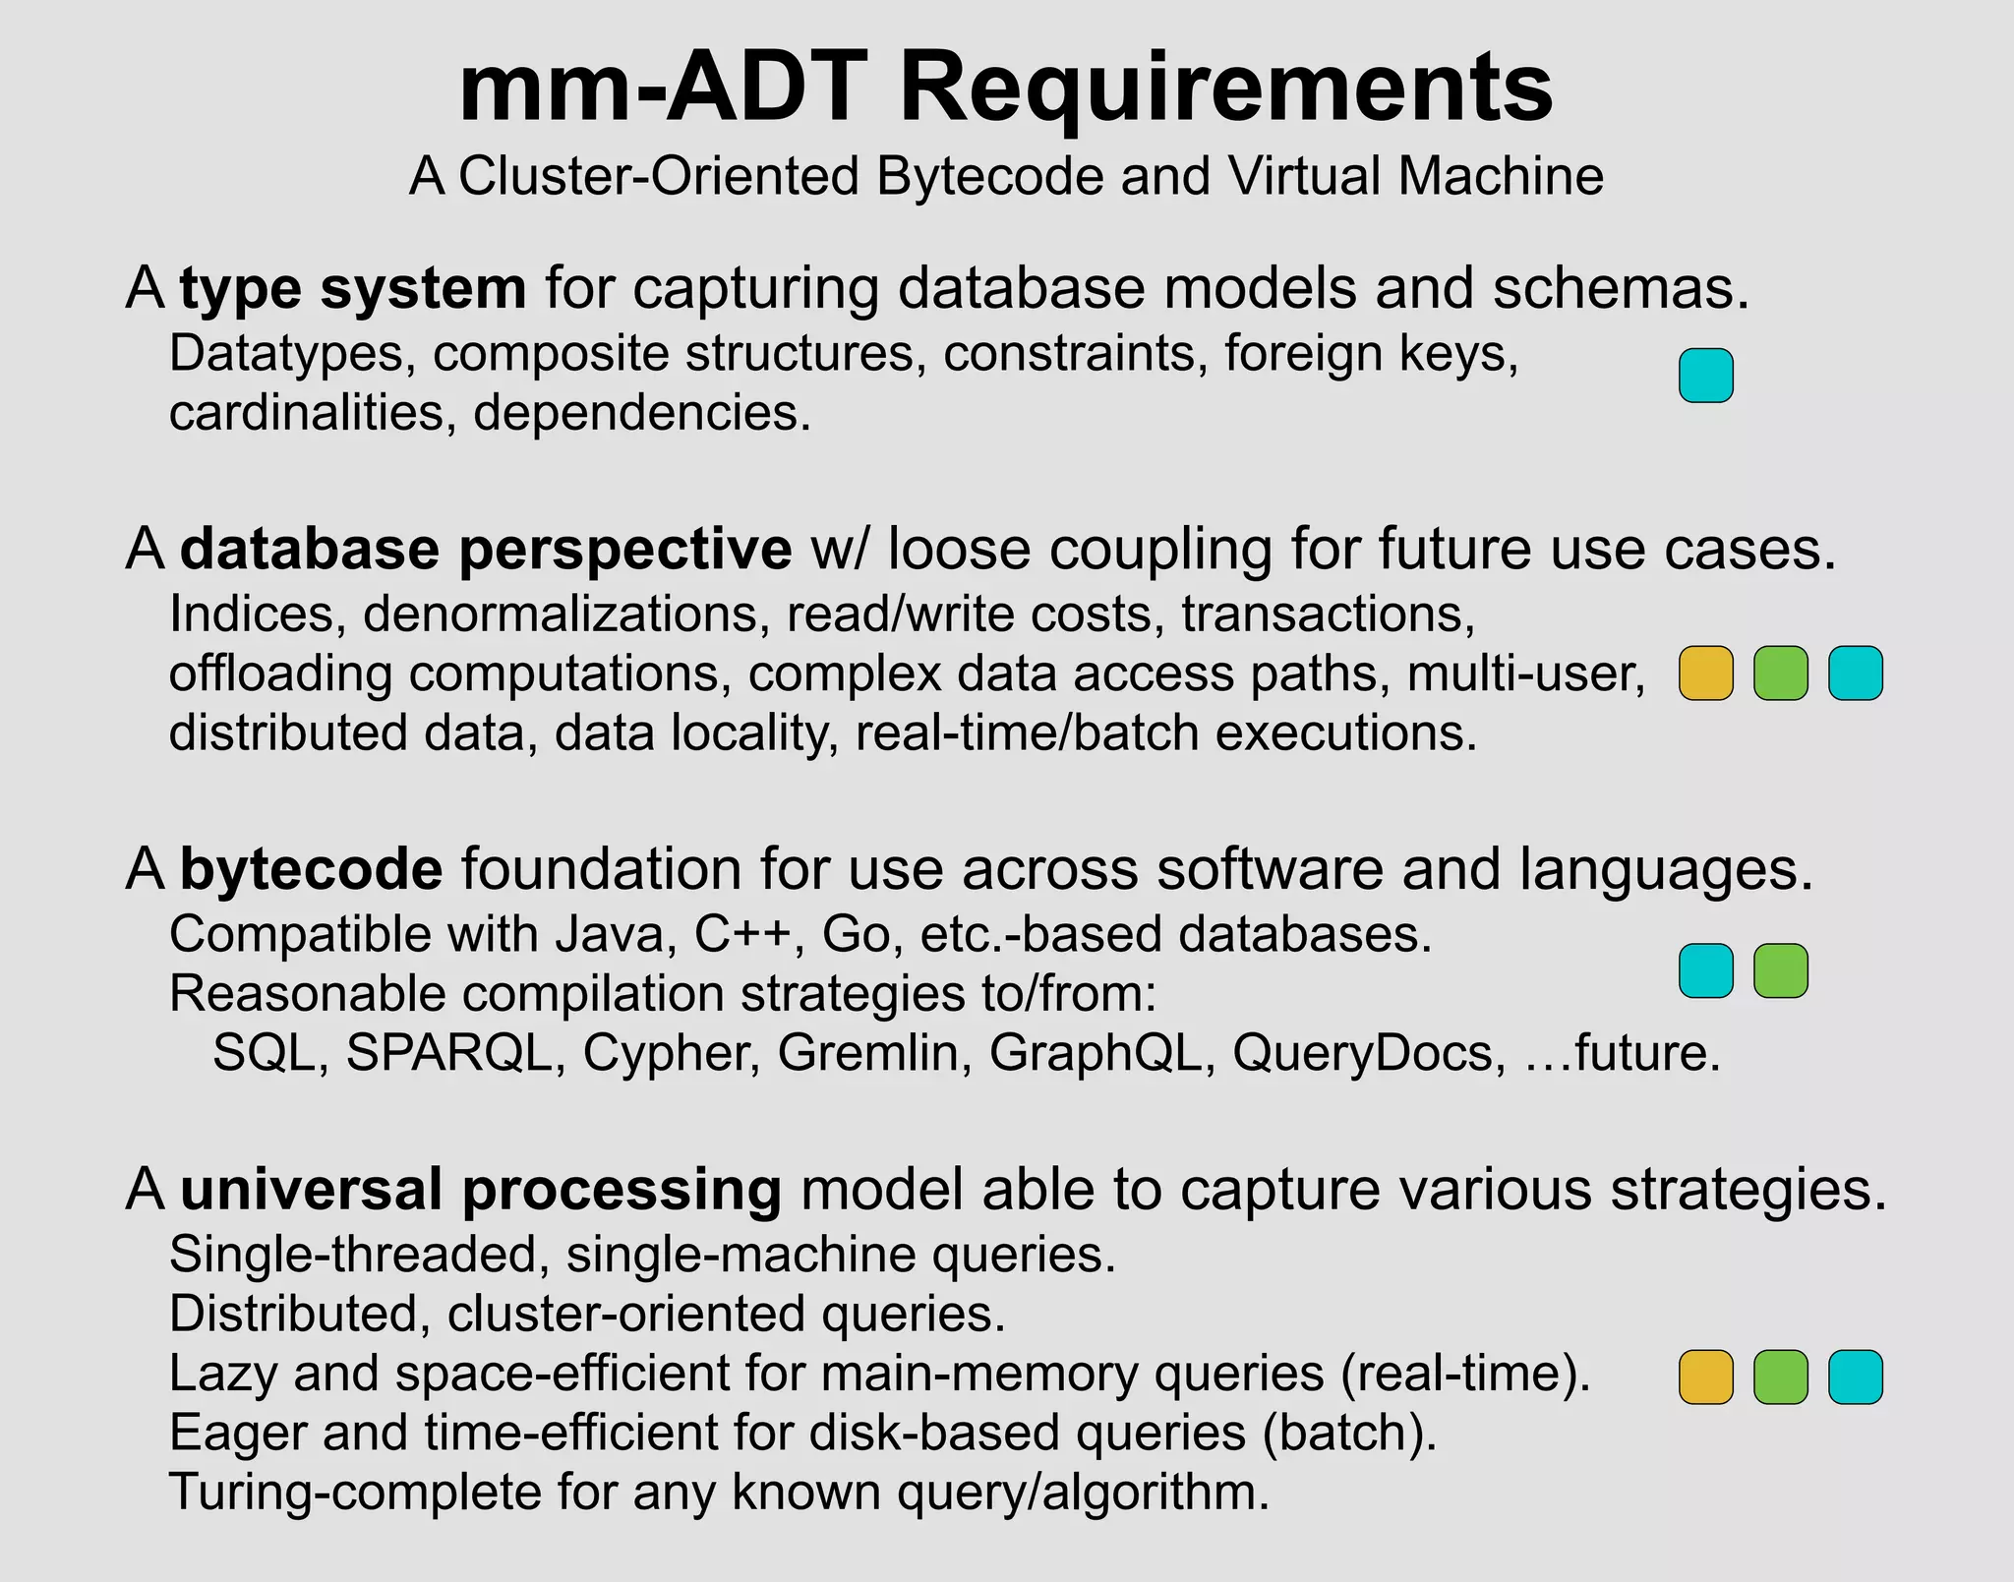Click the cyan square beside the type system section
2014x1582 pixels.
pos(1705,376)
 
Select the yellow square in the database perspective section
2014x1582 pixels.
pos(1705,674)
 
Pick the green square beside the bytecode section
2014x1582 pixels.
pos(1780,971)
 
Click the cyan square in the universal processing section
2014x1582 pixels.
pos(1855,1377)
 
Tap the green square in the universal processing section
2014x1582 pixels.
pos(1780,1377)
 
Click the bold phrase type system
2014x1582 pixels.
pos(353,289)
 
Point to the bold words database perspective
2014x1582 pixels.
pos(486,549)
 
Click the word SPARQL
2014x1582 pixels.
pos(448,1054)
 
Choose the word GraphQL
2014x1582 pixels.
pos(1095,1054)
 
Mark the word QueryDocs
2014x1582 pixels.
pos(1367,1054)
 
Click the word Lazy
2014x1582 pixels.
pos(223,1375)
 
